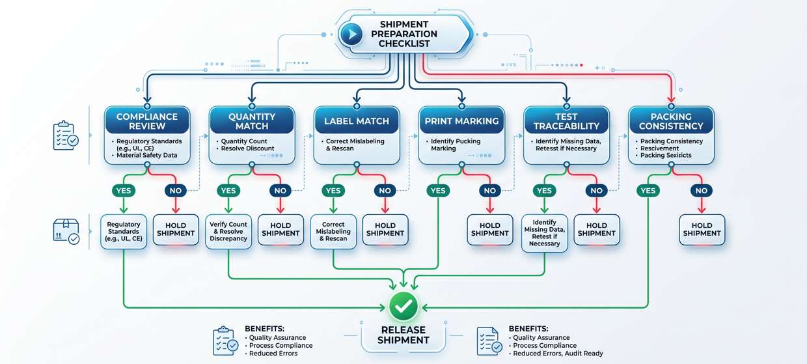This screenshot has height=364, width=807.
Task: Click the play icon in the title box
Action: [351, 34]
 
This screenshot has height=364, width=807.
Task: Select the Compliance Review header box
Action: [147, 121]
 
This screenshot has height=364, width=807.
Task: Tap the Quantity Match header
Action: [251, 121]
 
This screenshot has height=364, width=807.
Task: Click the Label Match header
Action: [357, 121]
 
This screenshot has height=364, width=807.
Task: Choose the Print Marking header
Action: [461, 121]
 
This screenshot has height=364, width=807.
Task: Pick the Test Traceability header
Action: [566, 121]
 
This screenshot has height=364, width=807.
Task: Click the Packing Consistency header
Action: [671, 121]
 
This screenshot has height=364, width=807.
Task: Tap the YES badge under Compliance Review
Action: [124, 191]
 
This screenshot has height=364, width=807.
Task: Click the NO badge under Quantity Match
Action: [280, 191]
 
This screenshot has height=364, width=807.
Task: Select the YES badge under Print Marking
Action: [438, 191]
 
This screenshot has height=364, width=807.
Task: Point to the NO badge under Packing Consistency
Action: [701, 191]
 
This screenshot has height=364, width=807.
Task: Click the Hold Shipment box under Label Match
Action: [385, 229]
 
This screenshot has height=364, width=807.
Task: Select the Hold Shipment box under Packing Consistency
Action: [702, 229]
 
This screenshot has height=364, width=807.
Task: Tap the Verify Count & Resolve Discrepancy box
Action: [228, 232]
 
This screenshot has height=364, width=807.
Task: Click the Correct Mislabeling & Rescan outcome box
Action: [333, 232]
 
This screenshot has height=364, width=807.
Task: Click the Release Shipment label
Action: [403, 335]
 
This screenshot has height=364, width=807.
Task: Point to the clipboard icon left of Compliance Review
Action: [64, 135]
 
